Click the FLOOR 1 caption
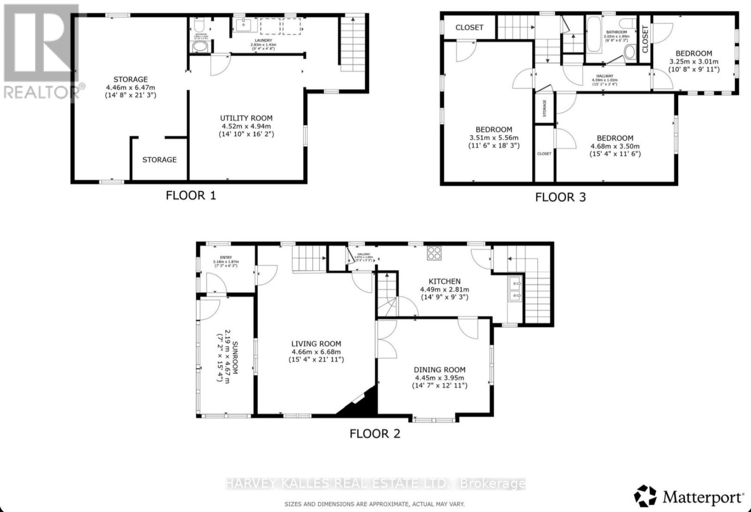click(191, 195)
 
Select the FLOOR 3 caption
click(560, 197)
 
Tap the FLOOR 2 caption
click(375, 433)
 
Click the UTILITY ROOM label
click(246, 119)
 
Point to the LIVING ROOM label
click(316, 344)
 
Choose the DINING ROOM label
click(439, 369)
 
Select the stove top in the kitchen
click(434, 254)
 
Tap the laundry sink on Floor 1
click(244, 25)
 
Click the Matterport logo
click(689, 496)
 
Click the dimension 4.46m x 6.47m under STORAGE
click(130, 87)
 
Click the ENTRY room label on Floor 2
click(226, 257)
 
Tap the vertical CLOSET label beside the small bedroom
click(645, 39)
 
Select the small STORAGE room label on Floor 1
click(160, 160)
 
